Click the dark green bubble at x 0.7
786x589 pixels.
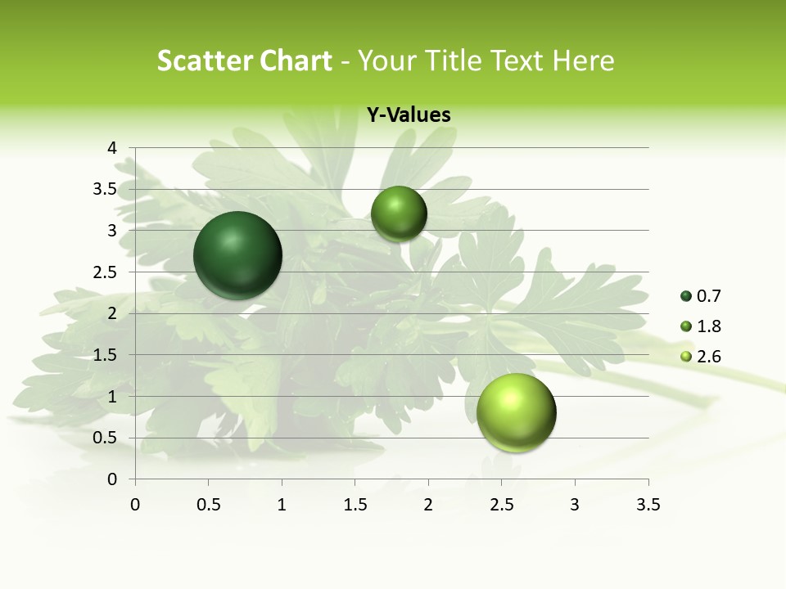(238, 255)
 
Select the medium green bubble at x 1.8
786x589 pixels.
(399, 214)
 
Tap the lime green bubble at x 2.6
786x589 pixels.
(516, 412)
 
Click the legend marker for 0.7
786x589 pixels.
(686, 296)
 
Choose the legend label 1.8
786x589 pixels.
(709, 326)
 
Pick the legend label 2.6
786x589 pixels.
(709, 357)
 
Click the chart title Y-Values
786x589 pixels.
(409, 115)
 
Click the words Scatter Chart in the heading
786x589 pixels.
(244, 61)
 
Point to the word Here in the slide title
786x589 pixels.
(584, 61)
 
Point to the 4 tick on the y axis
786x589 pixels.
(112, 148)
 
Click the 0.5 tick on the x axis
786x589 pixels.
(208, 505)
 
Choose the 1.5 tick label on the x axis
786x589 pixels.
(355, 505)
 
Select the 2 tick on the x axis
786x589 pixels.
(428, 505)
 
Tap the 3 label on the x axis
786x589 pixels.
(575, 505)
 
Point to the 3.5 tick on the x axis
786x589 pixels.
(648, 505)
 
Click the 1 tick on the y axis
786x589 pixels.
(112, 397)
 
